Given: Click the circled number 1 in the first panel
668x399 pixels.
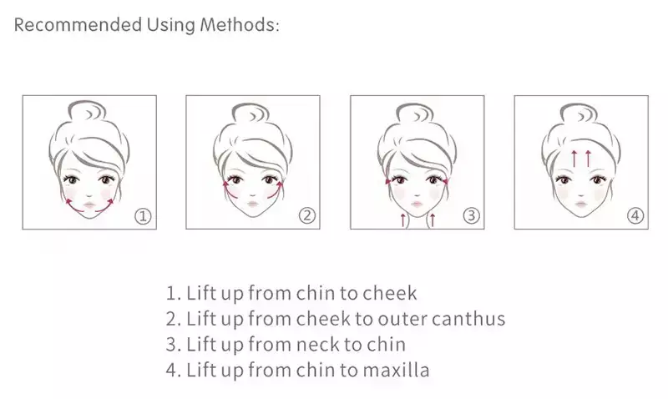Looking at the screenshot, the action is pos(143,216).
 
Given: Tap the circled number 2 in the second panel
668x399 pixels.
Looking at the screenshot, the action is pos(306,216).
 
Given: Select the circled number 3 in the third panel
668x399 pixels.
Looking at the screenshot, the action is pos(471,216).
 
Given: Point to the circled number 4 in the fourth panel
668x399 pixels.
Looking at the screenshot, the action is pos(635,216).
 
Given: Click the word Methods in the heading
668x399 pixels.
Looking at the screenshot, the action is pos(240,24).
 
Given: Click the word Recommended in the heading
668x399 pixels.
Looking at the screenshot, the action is pos(78,24).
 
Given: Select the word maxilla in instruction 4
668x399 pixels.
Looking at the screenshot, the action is pos(396,370).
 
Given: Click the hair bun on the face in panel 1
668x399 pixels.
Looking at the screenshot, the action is pos(88,112).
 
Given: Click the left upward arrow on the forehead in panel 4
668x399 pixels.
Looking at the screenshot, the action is pos(574,158).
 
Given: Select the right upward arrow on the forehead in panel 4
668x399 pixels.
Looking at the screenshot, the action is pos(589,158).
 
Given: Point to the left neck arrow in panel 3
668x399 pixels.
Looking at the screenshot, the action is pos(403,220).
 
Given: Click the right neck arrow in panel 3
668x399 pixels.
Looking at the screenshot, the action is pos(433,220).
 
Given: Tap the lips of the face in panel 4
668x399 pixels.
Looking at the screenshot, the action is pos(581,204).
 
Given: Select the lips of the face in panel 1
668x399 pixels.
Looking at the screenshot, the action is pos(89,205).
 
